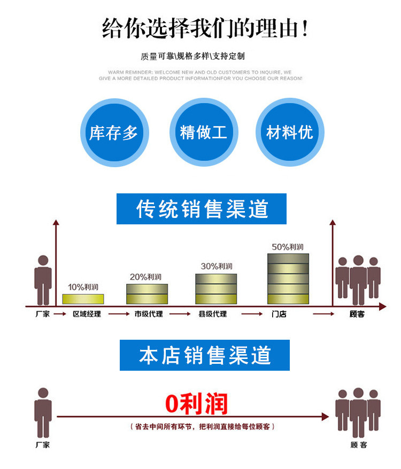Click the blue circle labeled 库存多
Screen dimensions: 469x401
114,132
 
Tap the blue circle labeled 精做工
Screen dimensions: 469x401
203,132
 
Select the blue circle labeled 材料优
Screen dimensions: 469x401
290,132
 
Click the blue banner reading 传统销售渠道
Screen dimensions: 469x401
202,209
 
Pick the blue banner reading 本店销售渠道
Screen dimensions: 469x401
205,355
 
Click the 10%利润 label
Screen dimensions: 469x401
83,287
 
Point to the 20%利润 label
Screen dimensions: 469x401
145,277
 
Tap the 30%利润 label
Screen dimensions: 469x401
216,266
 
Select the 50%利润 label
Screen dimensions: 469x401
288,247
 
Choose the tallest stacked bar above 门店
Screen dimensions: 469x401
288,278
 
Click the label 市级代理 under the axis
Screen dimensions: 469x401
148,314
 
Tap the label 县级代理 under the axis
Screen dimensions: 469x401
212,314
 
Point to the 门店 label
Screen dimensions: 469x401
279,314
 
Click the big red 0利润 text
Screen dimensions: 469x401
196,404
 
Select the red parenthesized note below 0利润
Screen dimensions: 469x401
203,427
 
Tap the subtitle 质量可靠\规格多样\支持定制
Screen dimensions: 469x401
192,56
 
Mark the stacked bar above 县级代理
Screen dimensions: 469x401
216,289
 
